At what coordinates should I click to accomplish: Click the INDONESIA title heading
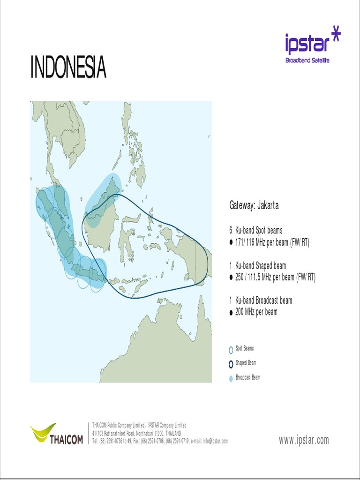pos(68,68)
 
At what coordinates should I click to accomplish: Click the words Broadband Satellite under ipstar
pos(307,61)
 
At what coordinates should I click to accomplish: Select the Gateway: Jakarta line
pos(254,205)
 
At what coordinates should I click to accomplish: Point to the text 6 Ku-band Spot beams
pos(256,230)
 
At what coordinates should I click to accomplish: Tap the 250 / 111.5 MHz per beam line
pos(275,277)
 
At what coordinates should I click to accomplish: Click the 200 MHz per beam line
pos(256,312)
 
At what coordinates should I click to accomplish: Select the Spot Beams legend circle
pos(231,350)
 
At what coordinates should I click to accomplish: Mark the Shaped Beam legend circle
pos(231,364)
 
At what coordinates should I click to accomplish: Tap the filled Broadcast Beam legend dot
pos(231,378)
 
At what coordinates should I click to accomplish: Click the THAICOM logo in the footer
pos(57,434)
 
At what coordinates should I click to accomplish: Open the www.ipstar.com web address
pos(304,440)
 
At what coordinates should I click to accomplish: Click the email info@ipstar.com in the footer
pos(215,441)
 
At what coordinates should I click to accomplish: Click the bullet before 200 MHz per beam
pos(231,312)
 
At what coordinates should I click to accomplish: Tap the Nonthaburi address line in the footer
pos(136,433)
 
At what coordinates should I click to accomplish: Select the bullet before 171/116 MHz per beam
pos(231,242)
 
